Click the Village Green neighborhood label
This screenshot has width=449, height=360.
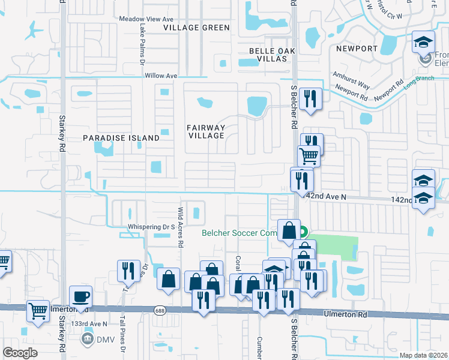click(x=197, y=28)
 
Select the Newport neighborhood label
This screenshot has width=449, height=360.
click(x=357, y=49)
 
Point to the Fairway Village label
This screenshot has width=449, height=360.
click(x=206, y=131)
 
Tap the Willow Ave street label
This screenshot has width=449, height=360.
click(x=161, y=76)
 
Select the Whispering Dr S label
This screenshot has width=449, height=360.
click(x=151, y=227)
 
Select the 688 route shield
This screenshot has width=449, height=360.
click(x=159, y=310)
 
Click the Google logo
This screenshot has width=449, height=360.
click(x=20, y=353)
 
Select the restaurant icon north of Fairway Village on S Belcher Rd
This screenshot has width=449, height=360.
click(x=310, y=99)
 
